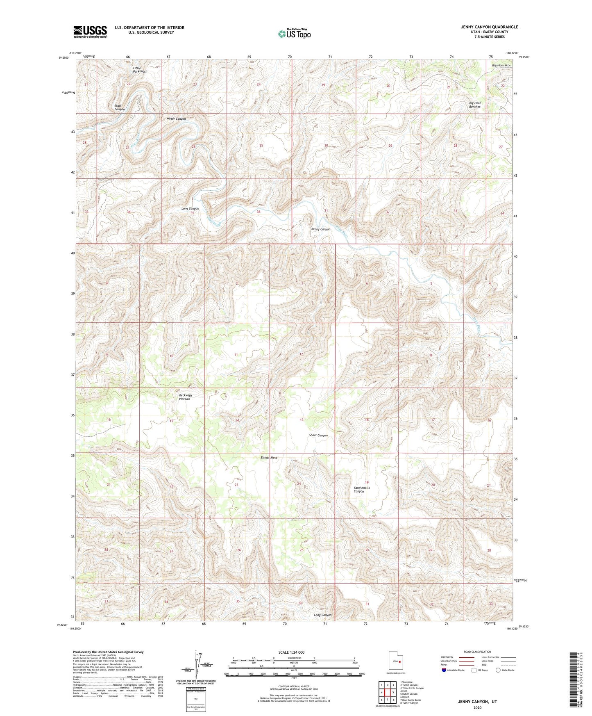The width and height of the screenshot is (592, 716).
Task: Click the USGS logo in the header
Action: coord(90,32)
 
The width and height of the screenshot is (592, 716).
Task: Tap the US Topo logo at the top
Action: coord(294,34)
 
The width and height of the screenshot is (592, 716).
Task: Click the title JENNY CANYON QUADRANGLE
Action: coord(489,27)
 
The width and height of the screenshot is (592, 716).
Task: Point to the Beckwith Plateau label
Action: coord(185,397)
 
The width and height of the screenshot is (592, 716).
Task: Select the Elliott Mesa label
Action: coord(269,458)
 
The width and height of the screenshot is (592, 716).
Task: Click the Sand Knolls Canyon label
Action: coord(362,490)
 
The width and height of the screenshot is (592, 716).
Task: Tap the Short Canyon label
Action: coord(318,435)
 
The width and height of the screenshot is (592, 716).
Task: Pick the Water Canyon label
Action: coord(176,119)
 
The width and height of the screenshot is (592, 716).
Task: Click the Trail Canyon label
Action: coord(120,107)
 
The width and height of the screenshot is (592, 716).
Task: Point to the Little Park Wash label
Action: coord(140,69)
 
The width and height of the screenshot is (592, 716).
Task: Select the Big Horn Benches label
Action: coord(475,105)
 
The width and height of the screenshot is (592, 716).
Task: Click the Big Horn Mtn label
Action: coord(501,65)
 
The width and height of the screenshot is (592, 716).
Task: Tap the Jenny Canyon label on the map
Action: coord(320,229)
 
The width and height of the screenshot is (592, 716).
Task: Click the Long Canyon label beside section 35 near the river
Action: coord(190,209)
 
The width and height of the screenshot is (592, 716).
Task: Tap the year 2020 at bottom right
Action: coord(477,708)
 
